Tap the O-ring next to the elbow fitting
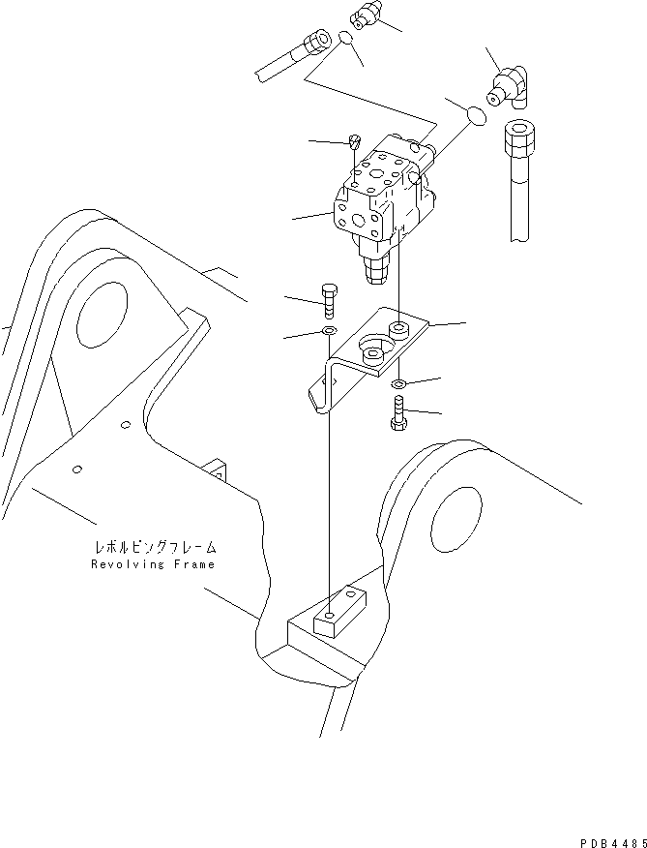click(x=475, y=115)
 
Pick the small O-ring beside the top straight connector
click(x=346, y=39)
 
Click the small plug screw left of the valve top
click(x=355, y=141)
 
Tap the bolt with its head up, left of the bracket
click(x=326, y=300)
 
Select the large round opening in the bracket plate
click(x=372, y=348)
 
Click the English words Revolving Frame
click(x=154, y=564)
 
